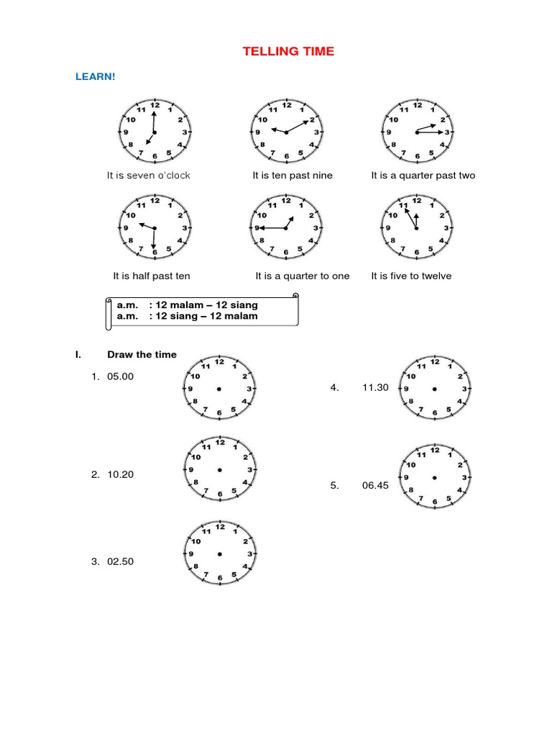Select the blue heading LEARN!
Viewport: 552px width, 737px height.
pos(96,76)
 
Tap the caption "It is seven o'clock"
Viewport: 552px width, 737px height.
pos(149,176)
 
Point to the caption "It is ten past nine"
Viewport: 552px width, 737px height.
pos(293,176)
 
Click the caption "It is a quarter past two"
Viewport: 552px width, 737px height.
pos(423,176)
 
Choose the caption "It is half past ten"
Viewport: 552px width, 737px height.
pos(152,276)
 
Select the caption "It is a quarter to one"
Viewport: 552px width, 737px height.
pos(302,276)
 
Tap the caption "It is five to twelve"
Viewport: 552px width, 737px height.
pos(411,276)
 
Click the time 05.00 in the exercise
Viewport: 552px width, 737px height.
pos(120,376)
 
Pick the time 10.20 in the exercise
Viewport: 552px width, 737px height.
pos(120,474)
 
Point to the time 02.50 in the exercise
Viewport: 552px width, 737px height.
pos(120,562)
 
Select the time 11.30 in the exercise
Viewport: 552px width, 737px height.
pos(375,387)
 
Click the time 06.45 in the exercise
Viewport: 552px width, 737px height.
pos(375,486)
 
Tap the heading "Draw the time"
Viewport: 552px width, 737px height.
pos(142,354)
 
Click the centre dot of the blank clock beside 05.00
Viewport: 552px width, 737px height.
pos(219,389)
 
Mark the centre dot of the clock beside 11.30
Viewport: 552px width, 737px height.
pos(434,389)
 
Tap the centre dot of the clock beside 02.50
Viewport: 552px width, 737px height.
pos(219,553)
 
